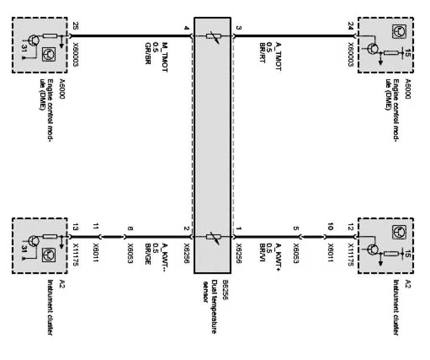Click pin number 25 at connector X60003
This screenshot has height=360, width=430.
click(x=75, y=28)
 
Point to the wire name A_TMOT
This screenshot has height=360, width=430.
click(x=279, y=53)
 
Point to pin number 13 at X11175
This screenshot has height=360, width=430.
click(x=75, y=228)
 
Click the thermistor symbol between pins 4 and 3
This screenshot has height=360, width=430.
click(x=212, y=35)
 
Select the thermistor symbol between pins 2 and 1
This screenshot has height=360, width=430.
click(x=212, y=237)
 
